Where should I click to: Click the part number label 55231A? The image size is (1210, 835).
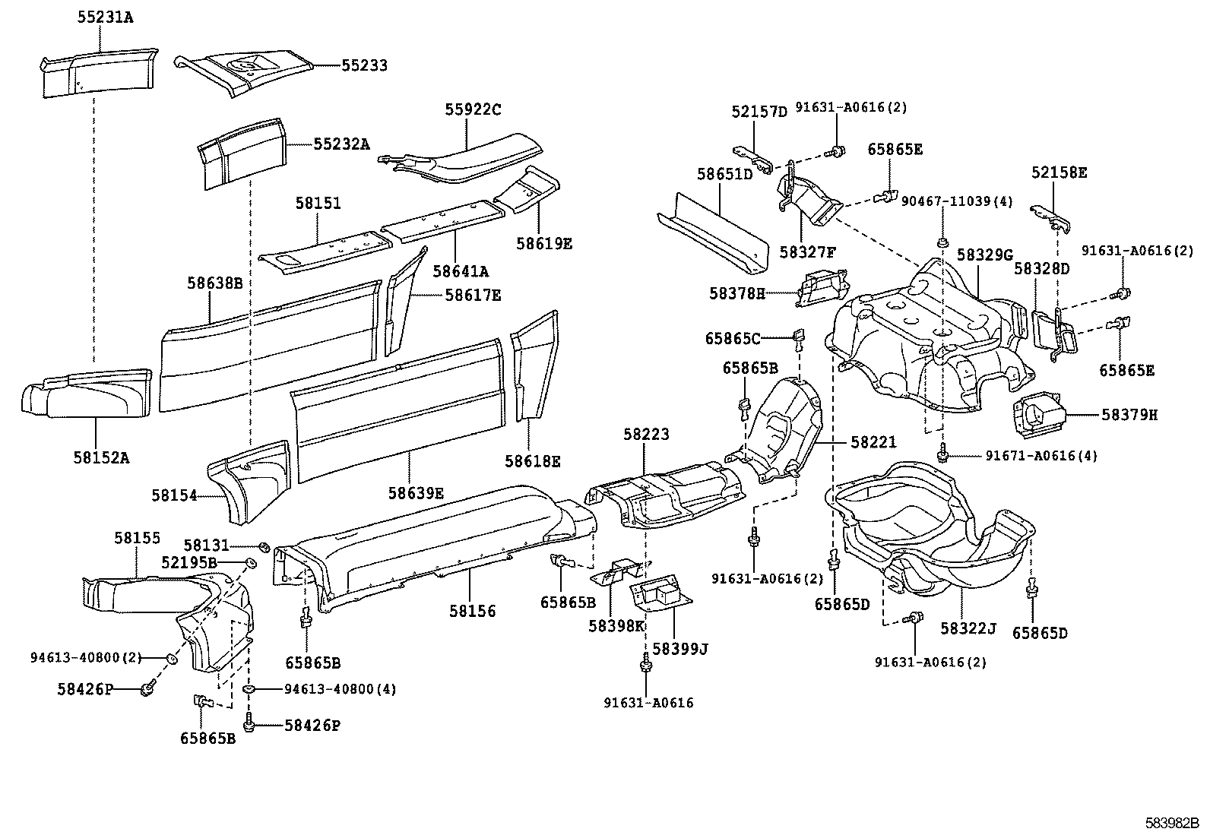pos(105,16)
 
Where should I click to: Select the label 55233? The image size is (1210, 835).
pos(364,66)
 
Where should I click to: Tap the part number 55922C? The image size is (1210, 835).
pos(473,109)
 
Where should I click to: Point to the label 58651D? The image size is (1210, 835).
pos(724,174)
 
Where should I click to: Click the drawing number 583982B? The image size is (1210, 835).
pos(1172,823)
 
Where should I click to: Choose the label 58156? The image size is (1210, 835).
pos(472,611)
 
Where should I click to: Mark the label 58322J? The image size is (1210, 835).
pos(968,628)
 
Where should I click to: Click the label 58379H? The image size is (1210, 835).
pos(1129,415)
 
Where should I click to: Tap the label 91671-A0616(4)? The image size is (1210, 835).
pos(1041,456)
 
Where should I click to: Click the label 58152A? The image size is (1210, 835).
pos(101,457)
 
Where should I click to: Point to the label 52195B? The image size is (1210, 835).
pos(189,562)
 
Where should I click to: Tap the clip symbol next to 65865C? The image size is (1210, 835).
pos(798,337)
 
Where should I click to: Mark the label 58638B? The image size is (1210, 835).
pos(214,283)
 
